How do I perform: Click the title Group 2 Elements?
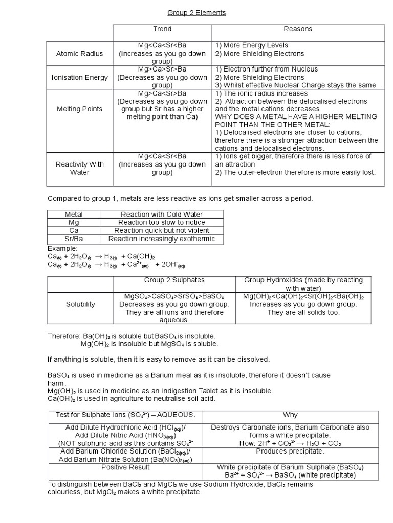(196, 13)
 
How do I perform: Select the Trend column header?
(162, 29)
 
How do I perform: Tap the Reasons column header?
(298, 29)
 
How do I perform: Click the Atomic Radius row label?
(79, 53)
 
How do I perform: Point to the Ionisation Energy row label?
(79, 77)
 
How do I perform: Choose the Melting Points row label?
(79, 109)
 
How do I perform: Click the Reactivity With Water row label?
(79, 168)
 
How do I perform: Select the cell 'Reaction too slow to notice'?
(161, 223)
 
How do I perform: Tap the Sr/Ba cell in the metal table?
(74, 239)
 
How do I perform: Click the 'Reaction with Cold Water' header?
(161, 215)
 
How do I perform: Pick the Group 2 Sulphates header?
(174, 280)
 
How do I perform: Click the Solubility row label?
(80, 304)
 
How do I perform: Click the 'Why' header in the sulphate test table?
(290, 415)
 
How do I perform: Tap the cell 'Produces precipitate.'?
(290, 451)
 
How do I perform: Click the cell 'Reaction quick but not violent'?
(161, 231)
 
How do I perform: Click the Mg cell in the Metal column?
(74, 223)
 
